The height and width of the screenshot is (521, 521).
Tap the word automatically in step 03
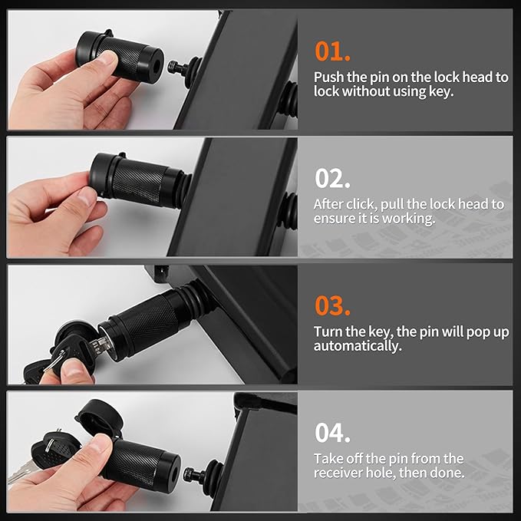[358, 346]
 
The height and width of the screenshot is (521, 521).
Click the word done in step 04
[447, 473]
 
